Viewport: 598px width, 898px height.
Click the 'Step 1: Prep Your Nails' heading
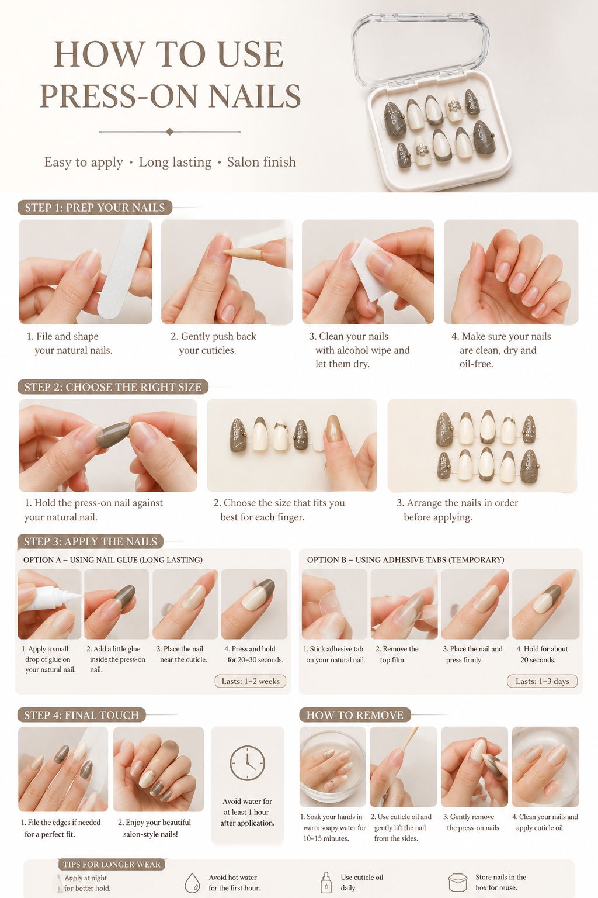95,208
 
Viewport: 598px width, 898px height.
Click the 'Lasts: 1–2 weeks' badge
251,681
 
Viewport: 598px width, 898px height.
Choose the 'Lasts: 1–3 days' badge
543,681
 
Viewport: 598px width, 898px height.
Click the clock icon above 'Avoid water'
247,763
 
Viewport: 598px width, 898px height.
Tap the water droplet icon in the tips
192,882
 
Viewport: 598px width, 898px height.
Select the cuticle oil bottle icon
326,882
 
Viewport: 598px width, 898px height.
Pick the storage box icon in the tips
458,882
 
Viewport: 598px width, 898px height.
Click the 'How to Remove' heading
355,715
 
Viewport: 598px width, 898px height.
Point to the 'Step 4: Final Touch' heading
81,715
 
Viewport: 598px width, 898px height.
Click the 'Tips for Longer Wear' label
112,864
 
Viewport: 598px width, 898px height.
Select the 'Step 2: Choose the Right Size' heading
113,387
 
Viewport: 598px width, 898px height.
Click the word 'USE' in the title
249,54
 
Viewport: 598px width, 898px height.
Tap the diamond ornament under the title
169,132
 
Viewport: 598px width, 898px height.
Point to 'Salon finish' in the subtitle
262,162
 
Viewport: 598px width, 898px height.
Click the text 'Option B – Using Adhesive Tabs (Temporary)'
406,559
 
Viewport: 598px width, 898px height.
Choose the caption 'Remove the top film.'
397,654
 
